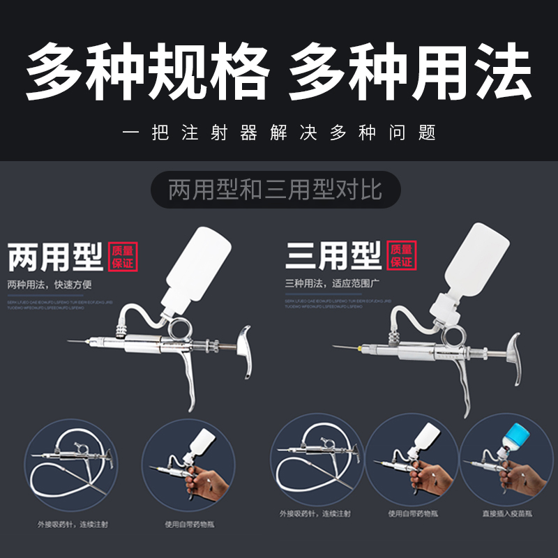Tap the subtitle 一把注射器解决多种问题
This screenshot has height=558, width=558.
tap(279, 133)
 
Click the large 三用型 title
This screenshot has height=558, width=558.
tap(333, 256)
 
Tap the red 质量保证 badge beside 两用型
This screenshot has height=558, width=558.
tap(125, 256)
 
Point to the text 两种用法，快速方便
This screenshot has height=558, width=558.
tap(50, 285)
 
